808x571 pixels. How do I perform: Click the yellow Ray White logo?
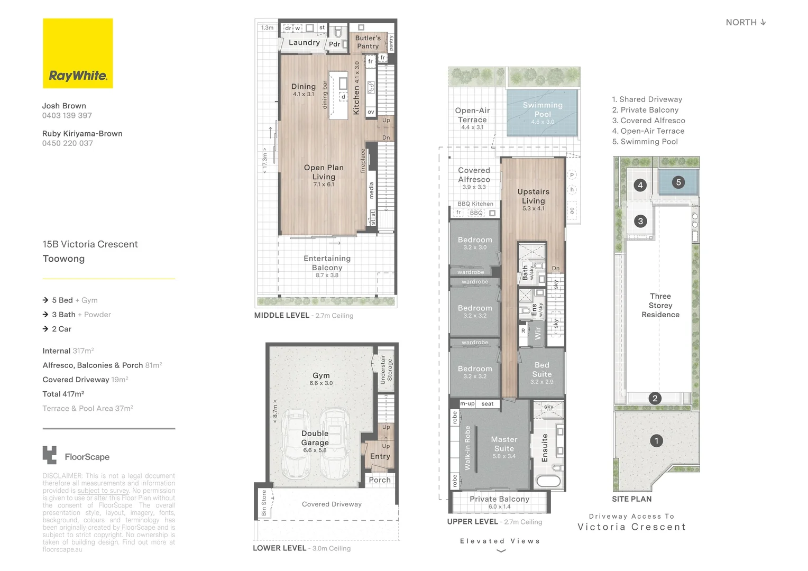78,53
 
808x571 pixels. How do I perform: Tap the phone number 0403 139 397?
67,115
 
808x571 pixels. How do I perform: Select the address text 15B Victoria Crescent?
90,244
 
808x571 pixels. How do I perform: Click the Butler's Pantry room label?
368,42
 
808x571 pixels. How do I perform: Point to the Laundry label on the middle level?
304,43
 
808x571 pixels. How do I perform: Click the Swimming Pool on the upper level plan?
543,113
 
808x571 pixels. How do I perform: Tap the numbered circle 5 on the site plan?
678,182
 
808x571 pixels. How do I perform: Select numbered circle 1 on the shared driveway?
656,440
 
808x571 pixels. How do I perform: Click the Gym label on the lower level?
321,375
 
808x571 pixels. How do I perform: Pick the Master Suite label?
504,444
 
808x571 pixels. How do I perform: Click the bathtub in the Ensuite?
548,481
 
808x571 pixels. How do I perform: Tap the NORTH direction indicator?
746,22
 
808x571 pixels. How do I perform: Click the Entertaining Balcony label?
327,263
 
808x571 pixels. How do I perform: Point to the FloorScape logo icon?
50,455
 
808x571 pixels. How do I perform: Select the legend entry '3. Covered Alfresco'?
648,121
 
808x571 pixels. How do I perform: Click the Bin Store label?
264,503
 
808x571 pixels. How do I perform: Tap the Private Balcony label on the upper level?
499,499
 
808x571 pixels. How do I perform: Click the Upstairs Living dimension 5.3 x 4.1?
533,209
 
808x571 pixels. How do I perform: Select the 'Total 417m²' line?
63,394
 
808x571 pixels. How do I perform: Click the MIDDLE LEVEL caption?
281,315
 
